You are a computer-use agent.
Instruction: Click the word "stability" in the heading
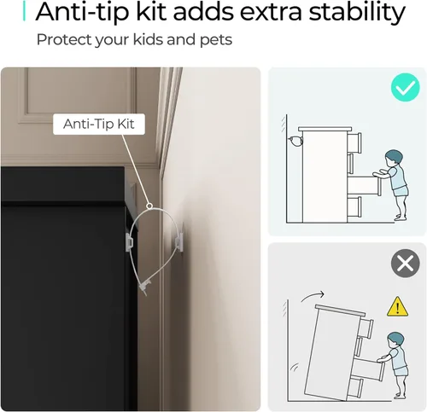pyautogui.click(x=357, y=12)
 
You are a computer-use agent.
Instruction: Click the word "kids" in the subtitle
pyautogui.click(x=148, y=39)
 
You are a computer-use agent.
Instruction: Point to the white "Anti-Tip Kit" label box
pyautogui.click(x=99, y=124)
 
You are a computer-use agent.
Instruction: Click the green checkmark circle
pyautogui.click(x=405, y=87)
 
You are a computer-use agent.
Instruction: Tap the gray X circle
pyautogui.click(x=405, y=264)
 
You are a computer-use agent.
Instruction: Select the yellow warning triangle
pyautogui.click(x=397, y=307)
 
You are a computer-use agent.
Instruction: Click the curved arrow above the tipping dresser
pyautogui.click(x=312, y=296)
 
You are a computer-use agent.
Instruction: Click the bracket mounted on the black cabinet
pyautogui.click(x=130, y=242)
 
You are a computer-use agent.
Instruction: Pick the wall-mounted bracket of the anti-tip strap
pyautogui.click(x=178, y=242)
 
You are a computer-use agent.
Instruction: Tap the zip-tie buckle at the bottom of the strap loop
pyautogui.click(x=144, y=287)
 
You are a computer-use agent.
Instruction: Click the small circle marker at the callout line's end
pyautogui.click(x=149, y=206)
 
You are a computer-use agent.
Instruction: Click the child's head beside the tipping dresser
pyautogui.click(x=395, y=340)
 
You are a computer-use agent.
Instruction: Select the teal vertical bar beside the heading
pyautogui.click(x=24, y=11)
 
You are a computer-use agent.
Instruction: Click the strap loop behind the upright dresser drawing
pyautogui.click(x=295, y=142)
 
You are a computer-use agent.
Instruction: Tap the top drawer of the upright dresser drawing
pyautogui.click(x=354, y=142)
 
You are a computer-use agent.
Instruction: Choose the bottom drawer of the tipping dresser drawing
pyautogui.click(x=356, y=388)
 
